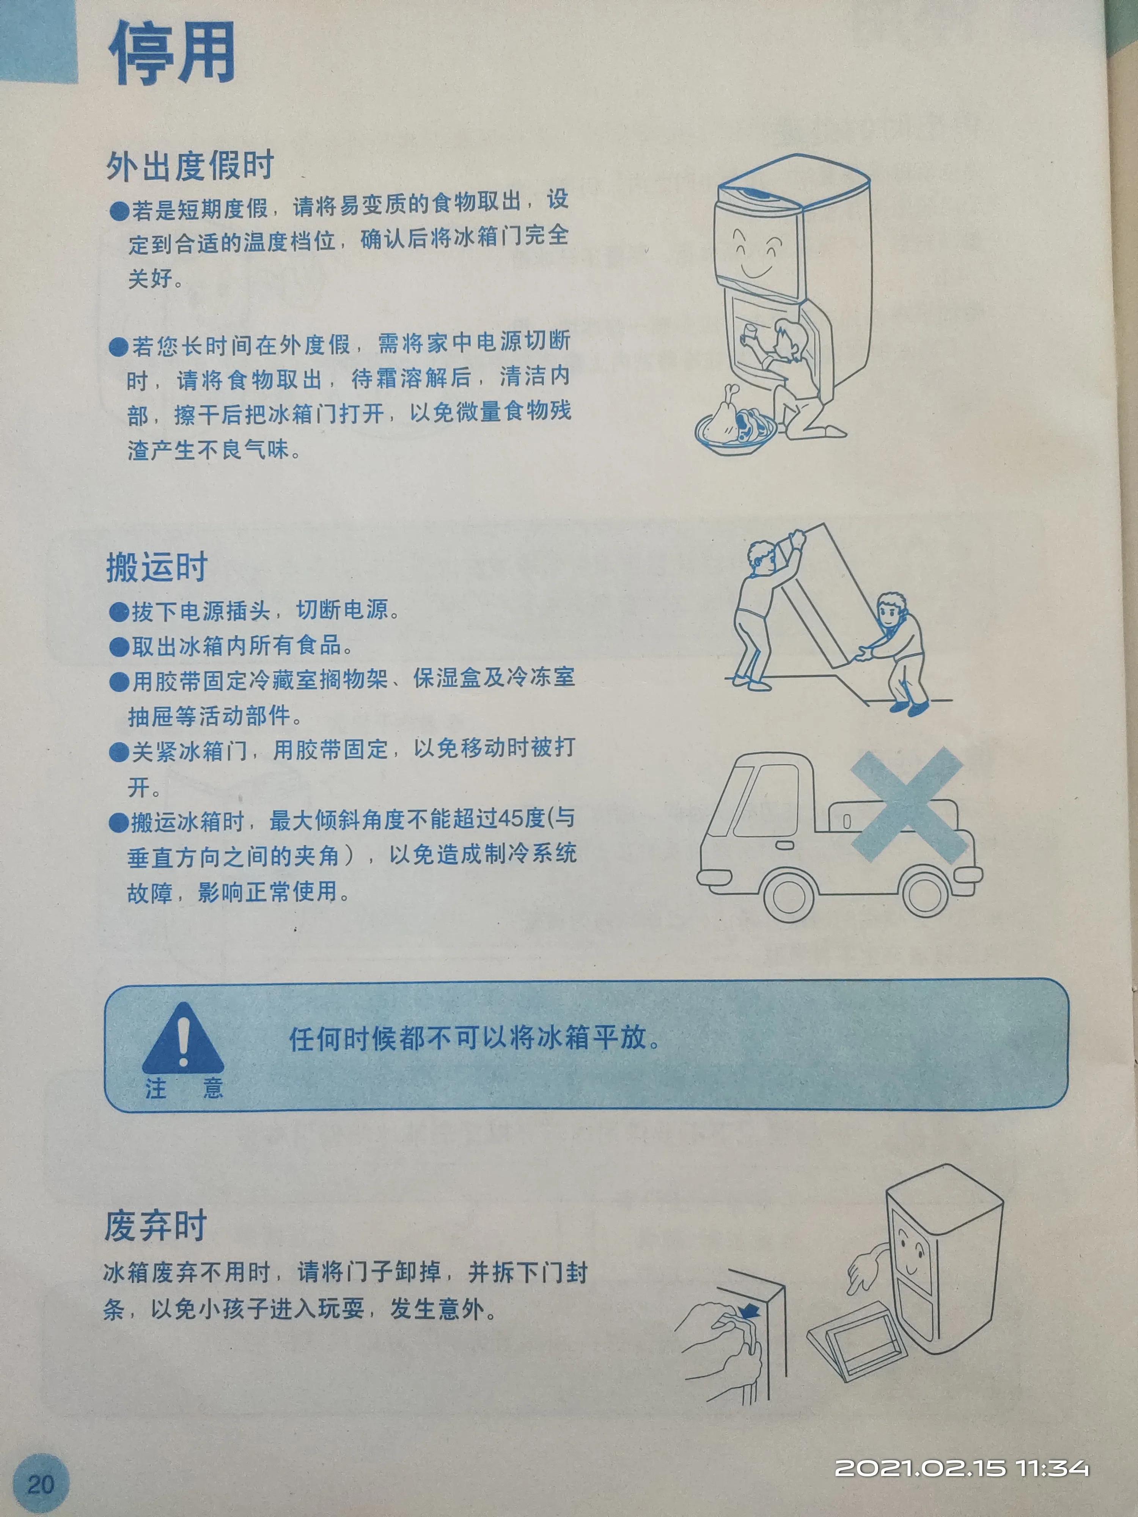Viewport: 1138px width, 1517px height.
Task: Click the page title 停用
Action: point(171,52)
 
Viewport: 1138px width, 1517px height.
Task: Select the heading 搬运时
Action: point(156,567)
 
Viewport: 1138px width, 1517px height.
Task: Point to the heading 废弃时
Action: point(155,1225)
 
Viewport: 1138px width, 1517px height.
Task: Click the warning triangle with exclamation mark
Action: point(182,1038)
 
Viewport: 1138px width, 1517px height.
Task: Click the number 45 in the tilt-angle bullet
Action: point(511,818)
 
